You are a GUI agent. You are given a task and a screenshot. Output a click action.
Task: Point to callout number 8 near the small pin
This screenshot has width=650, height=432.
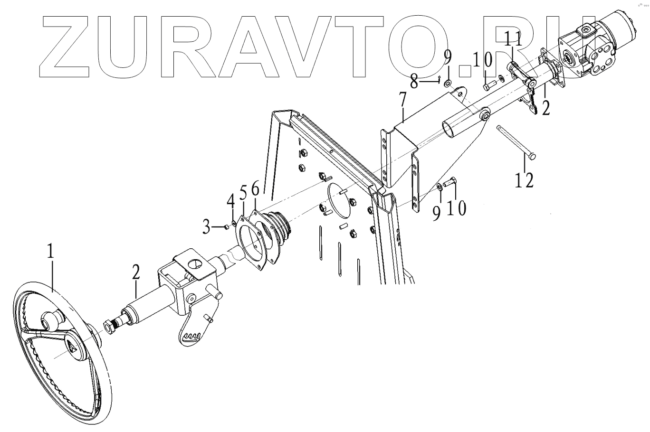tap(414, 82)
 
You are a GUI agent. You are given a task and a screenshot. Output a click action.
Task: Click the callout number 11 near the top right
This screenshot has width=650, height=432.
tap(513, 39)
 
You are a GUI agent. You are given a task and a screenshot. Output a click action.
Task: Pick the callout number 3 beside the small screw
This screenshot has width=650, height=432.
tap(206, 227)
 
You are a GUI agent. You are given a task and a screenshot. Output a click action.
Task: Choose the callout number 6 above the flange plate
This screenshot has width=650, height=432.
tap(255, 189)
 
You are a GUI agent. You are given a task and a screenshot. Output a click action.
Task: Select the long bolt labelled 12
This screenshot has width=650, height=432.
tap(516, 141)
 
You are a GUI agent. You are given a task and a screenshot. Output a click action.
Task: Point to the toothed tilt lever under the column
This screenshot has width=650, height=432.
tap(195, 330)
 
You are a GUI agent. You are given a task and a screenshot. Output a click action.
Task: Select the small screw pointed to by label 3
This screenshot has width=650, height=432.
tap(227, 227)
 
